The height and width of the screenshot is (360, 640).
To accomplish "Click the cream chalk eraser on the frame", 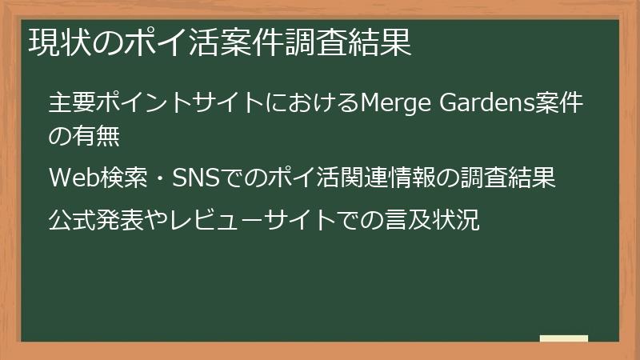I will point(563,338).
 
